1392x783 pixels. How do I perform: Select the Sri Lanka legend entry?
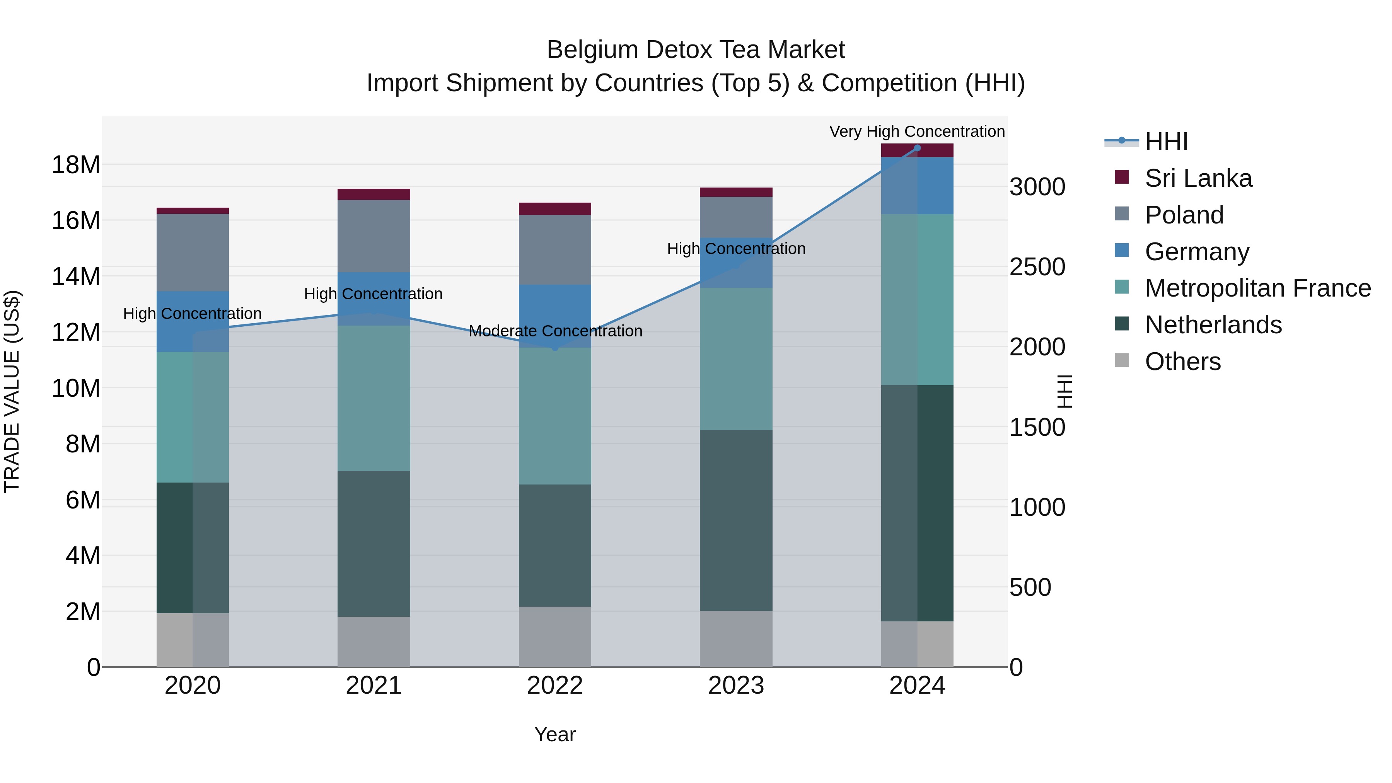click(1198, 178)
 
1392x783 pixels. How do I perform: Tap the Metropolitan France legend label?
click(1257, 288)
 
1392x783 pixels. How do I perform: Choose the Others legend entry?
click(1182, 362)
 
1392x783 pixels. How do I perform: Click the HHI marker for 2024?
click(917, 148)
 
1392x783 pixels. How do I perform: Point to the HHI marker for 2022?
click(555, 348)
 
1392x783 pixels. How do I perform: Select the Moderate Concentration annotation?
click(555, 331)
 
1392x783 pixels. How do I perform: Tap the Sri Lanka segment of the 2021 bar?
click(374, 194)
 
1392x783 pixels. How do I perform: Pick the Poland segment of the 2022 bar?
click(555, 250)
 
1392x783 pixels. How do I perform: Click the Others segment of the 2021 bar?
click(374, 641)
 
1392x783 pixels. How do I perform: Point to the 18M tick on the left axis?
click(76, 165)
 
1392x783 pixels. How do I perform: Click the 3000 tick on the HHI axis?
click(1037, 187)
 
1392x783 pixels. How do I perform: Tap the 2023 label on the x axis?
click(736, 686)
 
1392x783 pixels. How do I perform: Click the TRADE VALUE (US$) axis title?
click(12, 391)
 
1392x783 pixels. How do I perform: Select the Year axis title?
click(555, 734)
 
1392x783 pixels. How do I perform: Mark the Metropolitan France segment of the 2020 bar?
click(193, 417)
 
